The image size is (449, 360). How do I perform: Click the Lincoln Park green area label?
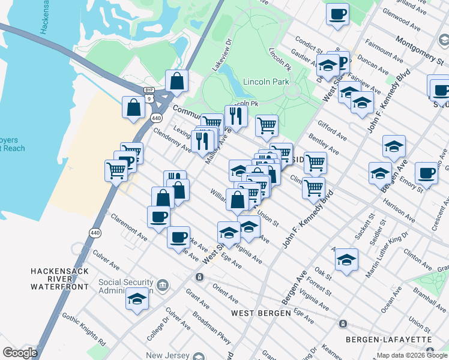coord(266,82)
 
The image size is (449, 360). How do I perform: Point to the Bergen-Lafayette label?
coord(388,340)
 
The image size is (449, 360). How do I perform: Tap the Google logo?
coord(20,353)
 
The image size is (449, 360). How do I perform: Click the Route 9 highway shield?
coord(155,97)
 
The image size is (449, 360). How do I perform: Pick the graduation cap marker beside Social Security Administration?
coord(137,298)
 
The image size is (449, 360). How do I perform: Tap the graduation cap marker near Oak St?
coord(346,259)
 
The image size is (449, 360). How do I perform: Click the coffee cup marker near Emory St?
coord(426,173)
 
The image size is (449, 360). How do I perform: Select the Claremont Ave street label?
coord(128,229)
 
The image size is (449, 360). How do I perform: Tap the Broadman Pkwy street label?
coord(211,326)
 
